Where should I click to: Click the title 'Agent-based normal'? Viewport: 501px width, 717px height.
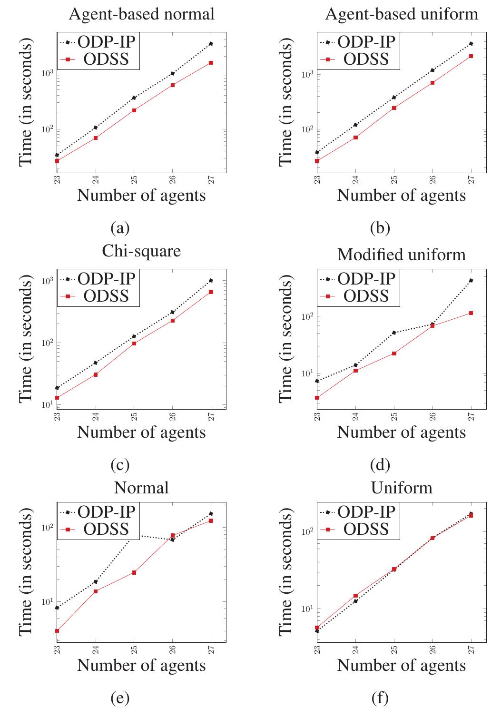(141, 14)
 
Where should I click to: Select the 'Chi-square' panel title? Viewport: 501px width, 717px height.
(141, 250)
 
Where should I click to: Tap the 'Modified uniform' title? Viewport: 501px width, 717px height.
(401, 255)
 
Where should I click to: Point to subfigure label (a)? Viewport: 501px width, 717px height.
(120, 228)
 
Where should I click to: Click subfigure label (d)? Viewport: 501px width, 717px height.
(380, 464)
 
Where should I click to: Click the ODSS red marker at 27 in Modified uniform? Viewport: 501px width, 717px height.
(471, 313)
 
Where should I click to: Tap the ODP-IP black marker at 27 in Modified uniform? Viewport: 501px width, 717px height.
(471, 281)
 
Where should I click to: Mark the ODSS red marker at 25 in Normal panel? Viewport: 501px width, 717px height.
(134, 572)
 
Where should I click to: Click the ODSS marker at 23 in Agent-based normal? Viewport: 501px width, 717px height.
(57, 161)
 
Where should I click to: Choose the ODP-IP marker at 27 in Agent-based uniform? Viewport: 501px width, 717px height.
(471, 44)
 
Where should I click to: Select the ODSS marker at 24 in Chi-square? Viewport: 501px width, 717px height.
(96, 374)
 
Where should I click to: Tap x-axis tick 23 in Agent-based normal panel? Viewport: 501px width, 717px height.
(57, 179)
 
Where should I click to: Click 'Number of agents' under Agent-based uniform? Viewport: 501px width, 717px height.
(401, 195)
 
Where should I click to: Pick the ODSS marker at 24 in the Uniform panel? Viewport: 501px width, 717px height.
(355, 595)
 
